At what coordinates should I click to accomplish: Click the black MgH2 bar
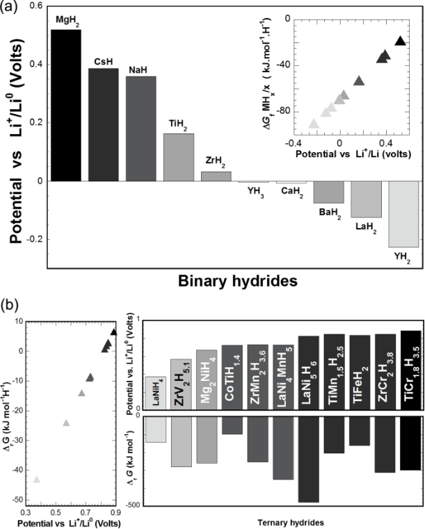click(x=61, y=105)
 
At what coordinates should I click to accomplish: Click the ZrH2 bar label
click(x=216, y=161)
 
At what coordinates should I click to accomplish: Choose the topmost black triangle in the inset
click(x=400, y=41)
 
